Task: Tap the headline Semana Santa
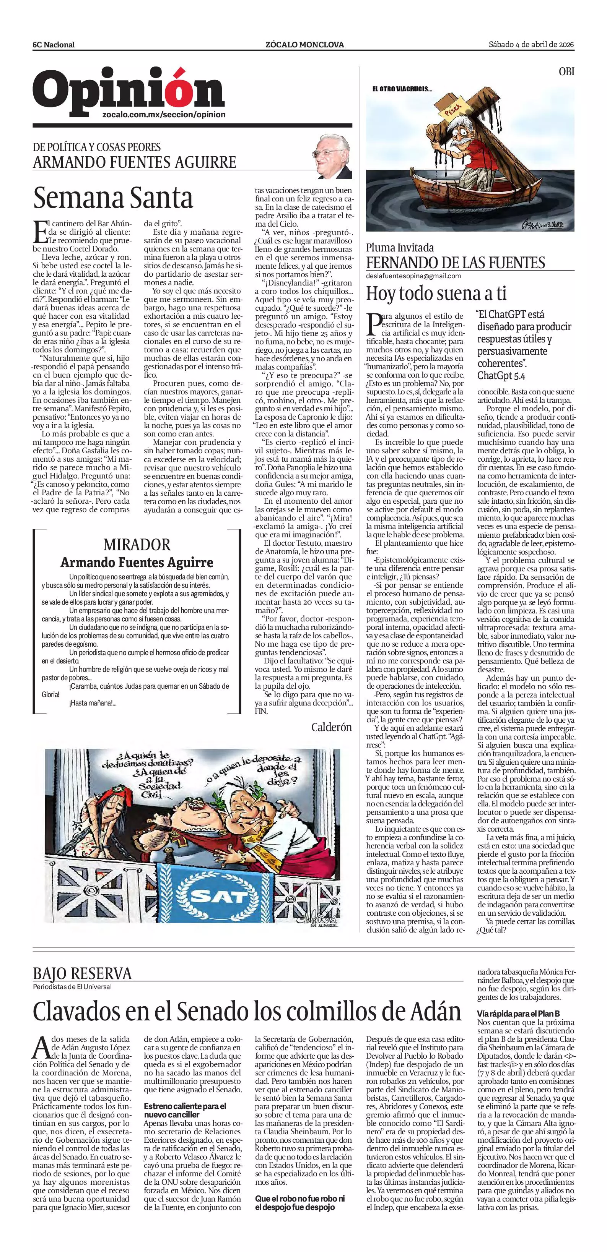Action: (x=113, y=198)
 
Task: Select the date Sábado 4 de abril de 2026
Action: (x=531, y=45)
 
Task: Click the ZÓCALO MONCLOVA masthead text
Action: (x=304, y=45)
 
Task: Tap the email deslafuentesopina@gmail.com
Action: (x=413, y=276)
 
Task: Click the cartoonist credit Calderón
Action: (x=331, y=727)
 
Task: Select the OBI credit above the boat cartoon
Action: (x=566, y=71)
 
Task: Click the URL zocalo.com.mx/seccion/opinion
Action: (x=164, y=115)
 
